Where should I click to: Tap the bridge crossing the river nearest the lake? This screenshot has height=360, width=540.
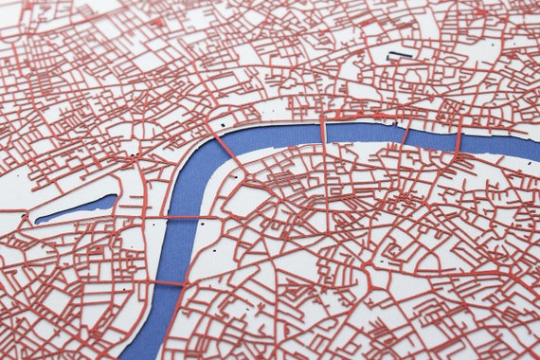pos(181,218)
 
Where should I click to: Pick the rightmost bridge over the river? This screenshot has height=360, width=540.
pos(458,140)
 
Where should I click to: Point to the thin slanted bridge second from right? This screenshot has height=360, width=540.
pos(405,135)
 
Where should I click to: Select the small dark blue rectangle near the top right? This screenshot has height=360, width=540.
pos(400,55)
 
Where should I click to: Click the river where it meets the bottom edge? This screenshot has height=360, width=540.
pos(142,352)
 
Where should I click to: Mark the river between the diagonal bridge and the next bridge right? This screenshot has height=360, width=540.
pos(275,135)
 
